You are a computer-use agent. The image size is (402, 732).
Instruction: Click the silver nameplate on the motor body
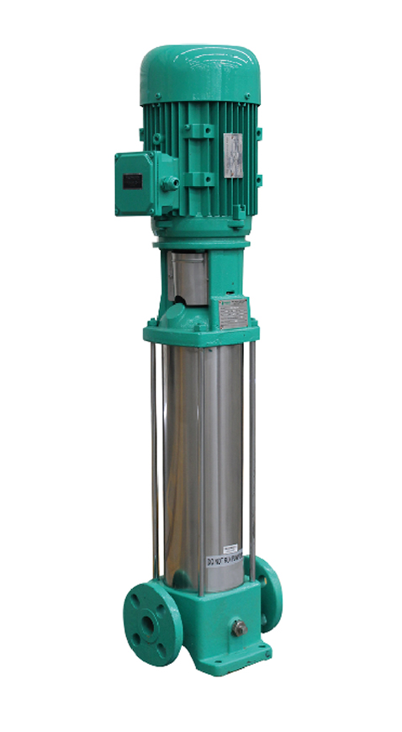(x=232, y=156)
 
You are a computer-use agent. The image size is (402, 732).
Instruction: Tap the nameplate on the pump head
(x=231, y=313)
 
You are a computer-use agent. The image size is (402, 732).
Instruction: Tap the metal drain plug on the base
(x=240, y=628)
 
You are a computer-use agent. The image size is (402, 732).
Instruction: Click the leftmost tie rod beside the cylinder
(x=155, y=463)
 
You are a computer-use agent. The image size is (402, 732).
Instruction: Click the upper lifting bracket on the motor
(x=199, y=131)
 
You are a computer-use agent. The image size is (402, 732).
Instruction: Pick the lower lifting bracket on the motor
(x=199, y=178)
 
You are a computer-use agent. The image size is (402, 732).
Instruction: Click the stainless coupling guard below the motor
(x=186, y=275)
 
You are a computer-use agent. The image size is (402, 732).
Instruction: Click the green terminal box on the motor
(x=140, y=183)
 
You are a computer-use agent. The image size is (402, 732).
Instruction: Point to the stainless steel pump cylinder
(x=202, y=454)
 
